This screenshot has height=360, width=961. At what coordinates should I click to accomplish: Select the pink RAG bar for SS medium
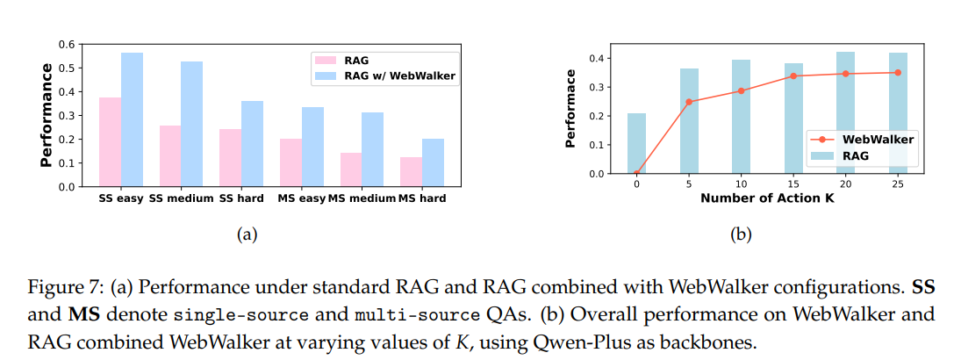170,156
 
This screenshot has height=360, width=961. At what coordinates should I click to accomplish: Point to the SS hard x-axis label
241,198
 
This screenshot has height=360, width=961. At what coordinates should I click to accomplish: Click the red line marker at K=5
688,102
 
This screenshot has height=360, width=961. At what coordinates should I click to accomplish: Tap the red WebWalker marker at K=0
637,173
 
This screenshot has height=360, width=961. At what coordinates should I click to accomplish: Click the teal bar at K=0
637,143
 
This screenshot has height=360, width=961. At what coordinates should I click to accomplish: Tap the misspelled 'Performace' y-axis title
571,108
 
